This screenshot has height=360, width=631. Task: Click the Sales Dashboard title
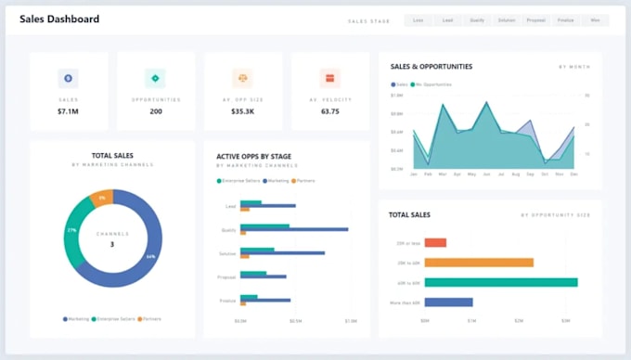click(x=59, y=19)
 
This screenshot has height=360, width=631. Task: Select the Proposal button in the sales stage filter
click(x=535, y=19)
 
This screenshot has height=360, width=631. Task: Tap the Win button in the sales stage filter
click(x=595, y=19)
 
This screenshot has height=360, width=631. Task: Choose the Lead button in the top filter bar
click(x=447, y=19)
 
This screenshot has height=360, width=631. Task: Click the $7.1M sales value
click(x=68, y=111)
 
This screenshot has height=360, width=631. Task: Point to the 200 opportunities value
click(x=155, y=111)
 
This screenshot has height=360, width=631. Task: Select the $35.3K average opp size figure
click(x=242, y=111)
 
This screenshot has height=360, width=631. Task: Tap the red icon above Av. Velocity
click(x=328, y=78)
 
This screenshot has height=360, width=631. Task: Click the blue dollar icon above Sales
click(x=68, y=78)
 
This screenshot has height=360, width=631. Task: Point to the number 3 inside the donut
click(x=111, y=245)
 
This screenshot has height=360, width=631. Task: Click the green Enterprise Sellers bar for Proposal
click(x=253, y=273)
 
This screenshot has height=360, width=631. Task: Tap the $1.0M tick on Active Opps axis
click(x=351, y=321)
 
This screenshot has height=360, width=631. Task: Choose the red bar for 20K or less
click(x=435, y=243)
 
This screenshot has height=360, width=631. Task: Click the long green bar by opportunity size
click(x=500, y=282)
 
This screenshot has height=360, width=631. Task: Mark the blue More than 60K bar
click(x=448, y=302)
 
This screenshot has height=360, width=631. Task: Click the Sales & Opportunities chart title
click(x=431, y=67)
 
